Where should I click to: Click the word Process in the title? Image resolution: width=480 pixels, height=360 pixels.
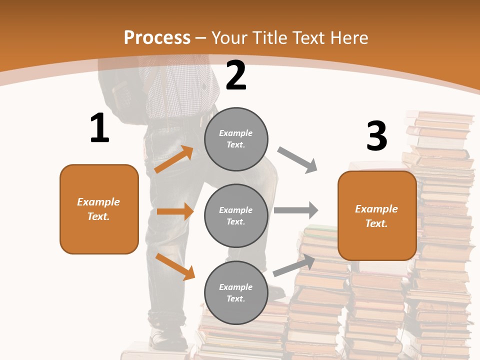click(157, 37)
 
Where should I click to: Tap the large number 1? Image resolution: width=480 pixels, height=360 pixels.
click(99, 128)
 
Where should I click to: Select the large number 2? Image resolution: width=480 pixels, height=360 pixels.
click(236, 75)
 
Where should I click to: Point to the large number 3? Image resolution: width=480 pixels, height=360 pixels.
click(376, 136)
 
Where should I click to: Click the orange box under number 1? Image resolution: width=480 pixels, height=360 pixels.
click(99, 209)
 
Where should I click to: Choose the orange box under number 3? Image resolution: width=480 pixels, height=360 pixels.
click(377, 215)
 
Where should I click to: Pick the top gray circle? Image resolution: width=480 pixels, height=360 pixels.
click(236, 138)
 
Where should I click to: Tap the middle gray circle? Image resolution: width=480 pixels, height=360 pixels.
click(236, 215)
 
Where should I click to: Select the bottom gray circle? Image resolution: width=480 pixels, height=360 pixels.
click(236, 292)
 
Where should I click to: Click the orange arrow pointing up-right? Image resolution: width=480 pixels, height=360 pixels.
click(174, 159)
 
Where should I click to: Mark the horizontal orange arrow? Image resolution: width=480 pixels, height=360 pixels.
click(175, 211)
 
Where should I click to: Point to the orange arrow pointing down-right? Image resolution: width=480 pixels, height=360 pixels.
click(175, 266)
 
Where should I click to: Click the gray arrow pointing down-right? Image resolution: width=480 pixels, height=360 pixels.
click(297, 160)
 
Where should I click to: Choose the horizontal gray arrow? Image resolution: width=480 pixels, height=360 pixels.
click(296, 210)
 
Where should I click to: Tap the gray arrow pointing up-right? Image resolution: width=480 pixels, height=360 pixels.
click(294, 265)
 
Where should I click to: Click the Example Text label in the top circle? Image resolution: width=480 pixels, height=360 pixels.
click(236, 138)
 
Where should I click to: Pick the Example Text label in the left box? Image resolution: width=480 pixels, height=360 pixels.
click(99, 209)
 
